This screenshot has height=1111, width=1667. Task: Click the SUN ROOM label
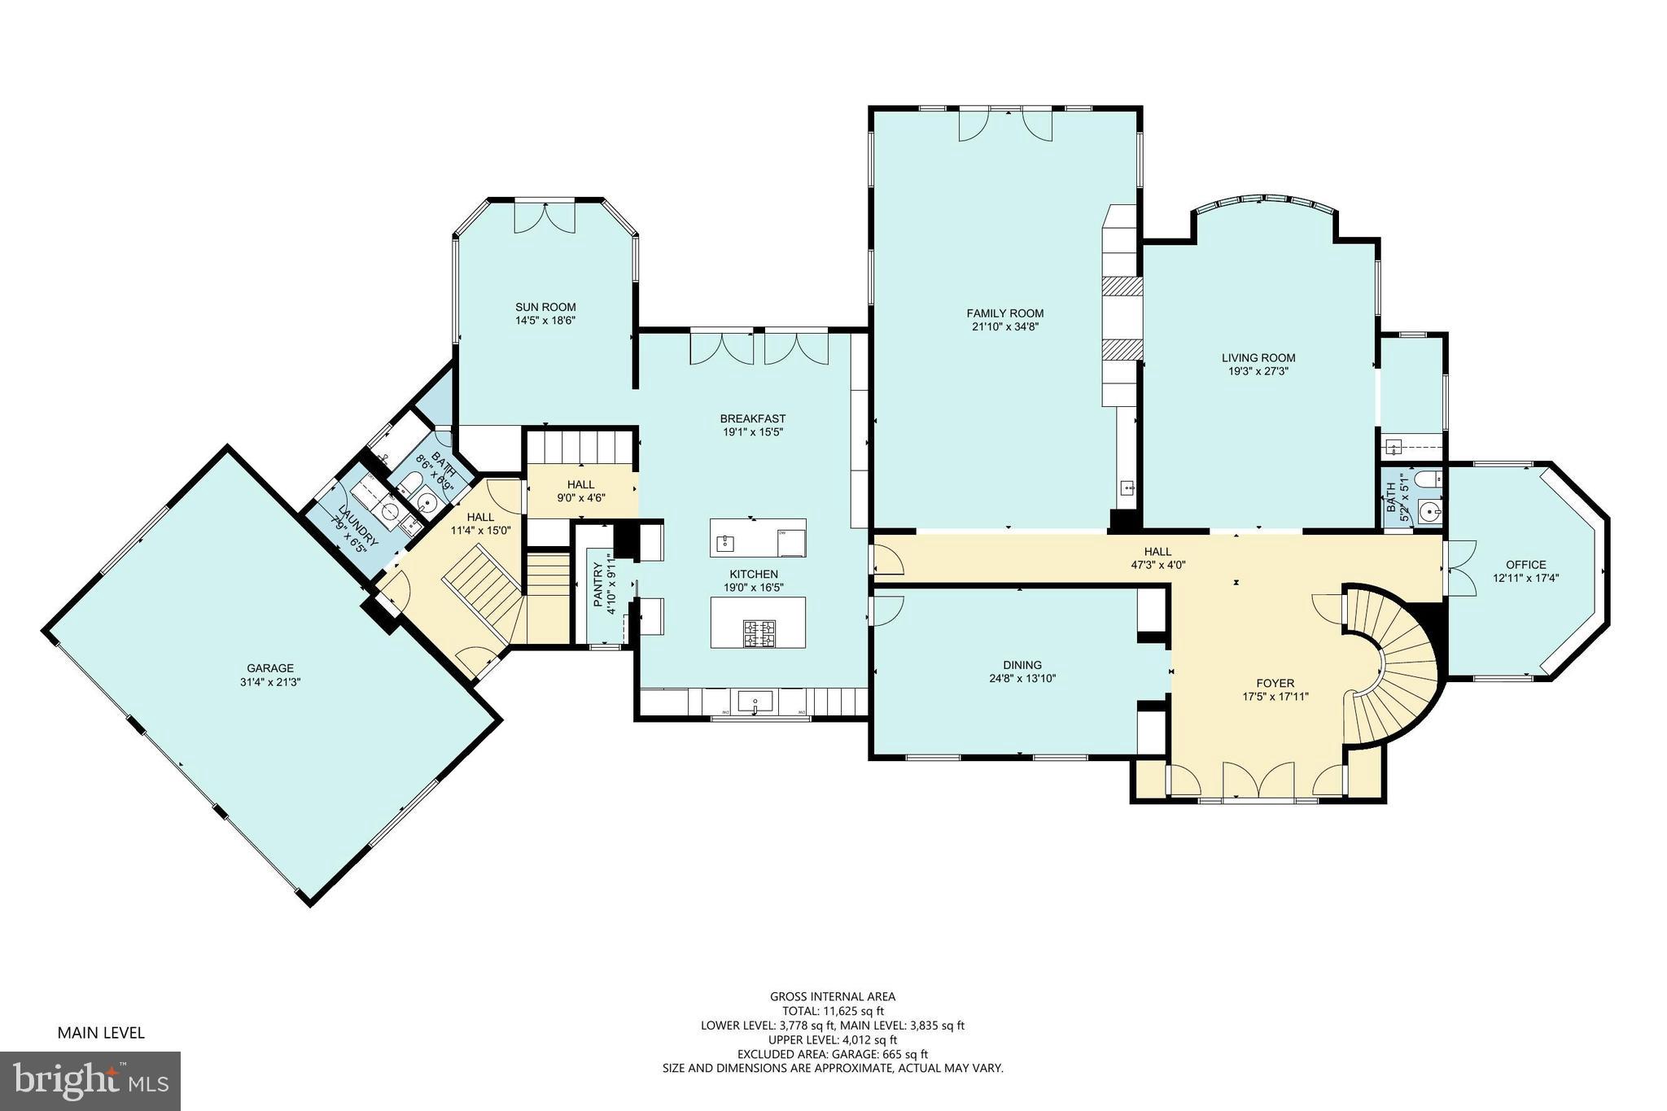tap(545, 307)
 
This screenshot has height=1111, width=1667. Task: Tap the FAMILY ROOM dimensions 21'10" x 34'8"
tap(1004, 326)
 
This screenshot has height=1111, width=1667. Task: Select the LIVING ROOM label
tap(1258, 357)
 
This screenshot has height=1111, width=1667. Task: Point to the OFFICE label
tap(1525, 565)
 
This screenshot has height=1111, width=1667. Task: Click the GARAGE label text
tap(270, 668)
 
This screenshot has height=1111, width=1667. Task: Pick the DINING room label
tap(1022, 665)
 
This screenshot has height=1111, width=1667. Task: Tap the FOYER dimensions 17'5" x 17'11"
tap(1275, 696)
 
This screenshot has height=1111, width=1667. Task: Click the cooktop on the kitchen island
tap(759, 632)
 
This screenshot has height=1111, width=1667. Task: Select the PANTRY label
tap(598, 585)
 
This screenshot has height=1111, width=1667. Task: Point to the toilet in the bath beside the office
tap(1427, 479)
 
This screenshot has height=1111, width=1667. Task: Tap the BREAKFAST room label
tap(754, 418)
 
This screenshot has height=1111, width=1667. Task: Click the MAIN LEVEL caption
tap(101, 1033)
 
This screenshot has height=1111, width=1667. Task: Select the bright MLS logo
tap(90, 1081)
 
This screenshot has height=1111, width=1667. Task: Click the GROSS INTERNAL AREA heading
tap(833, 996)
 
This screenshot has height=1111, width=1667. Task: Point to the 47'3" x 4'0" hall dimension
tap(1157, 564)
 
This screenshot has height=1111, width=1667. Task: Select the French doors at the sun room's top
tap(545, 217)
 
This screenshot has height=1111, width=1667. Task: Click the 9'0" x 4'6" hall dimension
tap(580, 497)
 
